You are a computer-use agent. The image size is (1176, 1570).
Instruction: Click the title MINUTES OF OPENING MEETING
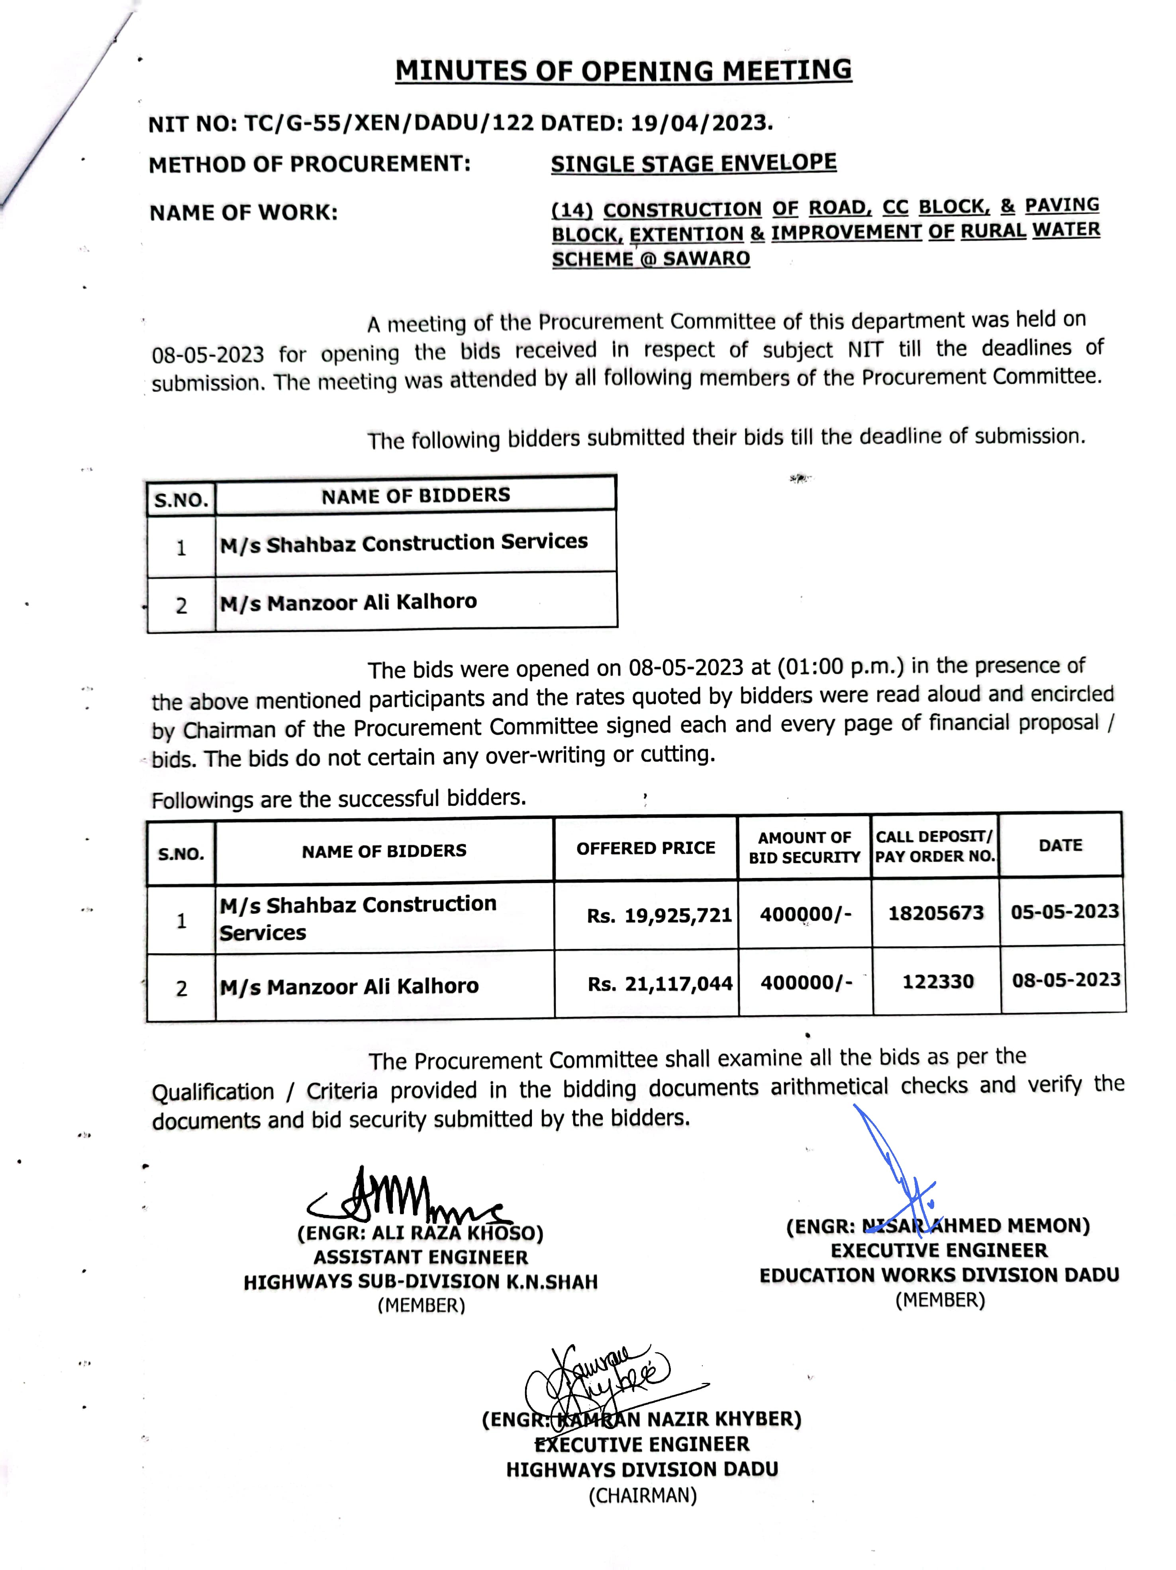tap(623, 71)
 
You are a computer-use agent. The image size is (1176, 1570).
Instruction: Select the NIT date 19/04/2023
tap(700, 123)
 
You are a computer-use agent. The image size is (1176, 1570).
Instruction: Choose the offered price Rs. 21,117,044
tap(659, 984)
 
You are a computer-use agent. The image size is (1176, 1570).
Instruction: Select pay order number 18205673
tap(935, 913)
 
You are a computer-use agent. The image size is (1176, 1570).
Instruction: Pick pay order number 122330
tap(937, 982)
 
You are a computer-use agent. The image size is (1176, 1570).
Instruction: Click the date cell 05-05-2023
tap(1064, 911)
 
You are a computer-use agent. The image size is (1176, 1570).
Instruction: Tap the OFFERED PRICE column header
tap(645, 848)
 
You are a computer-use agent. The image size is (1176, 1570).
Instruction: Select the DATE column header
tap(1060, 846)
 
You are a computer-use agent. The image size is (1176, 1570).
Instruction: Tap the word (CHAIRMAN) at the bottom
tap(642, 1496)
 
